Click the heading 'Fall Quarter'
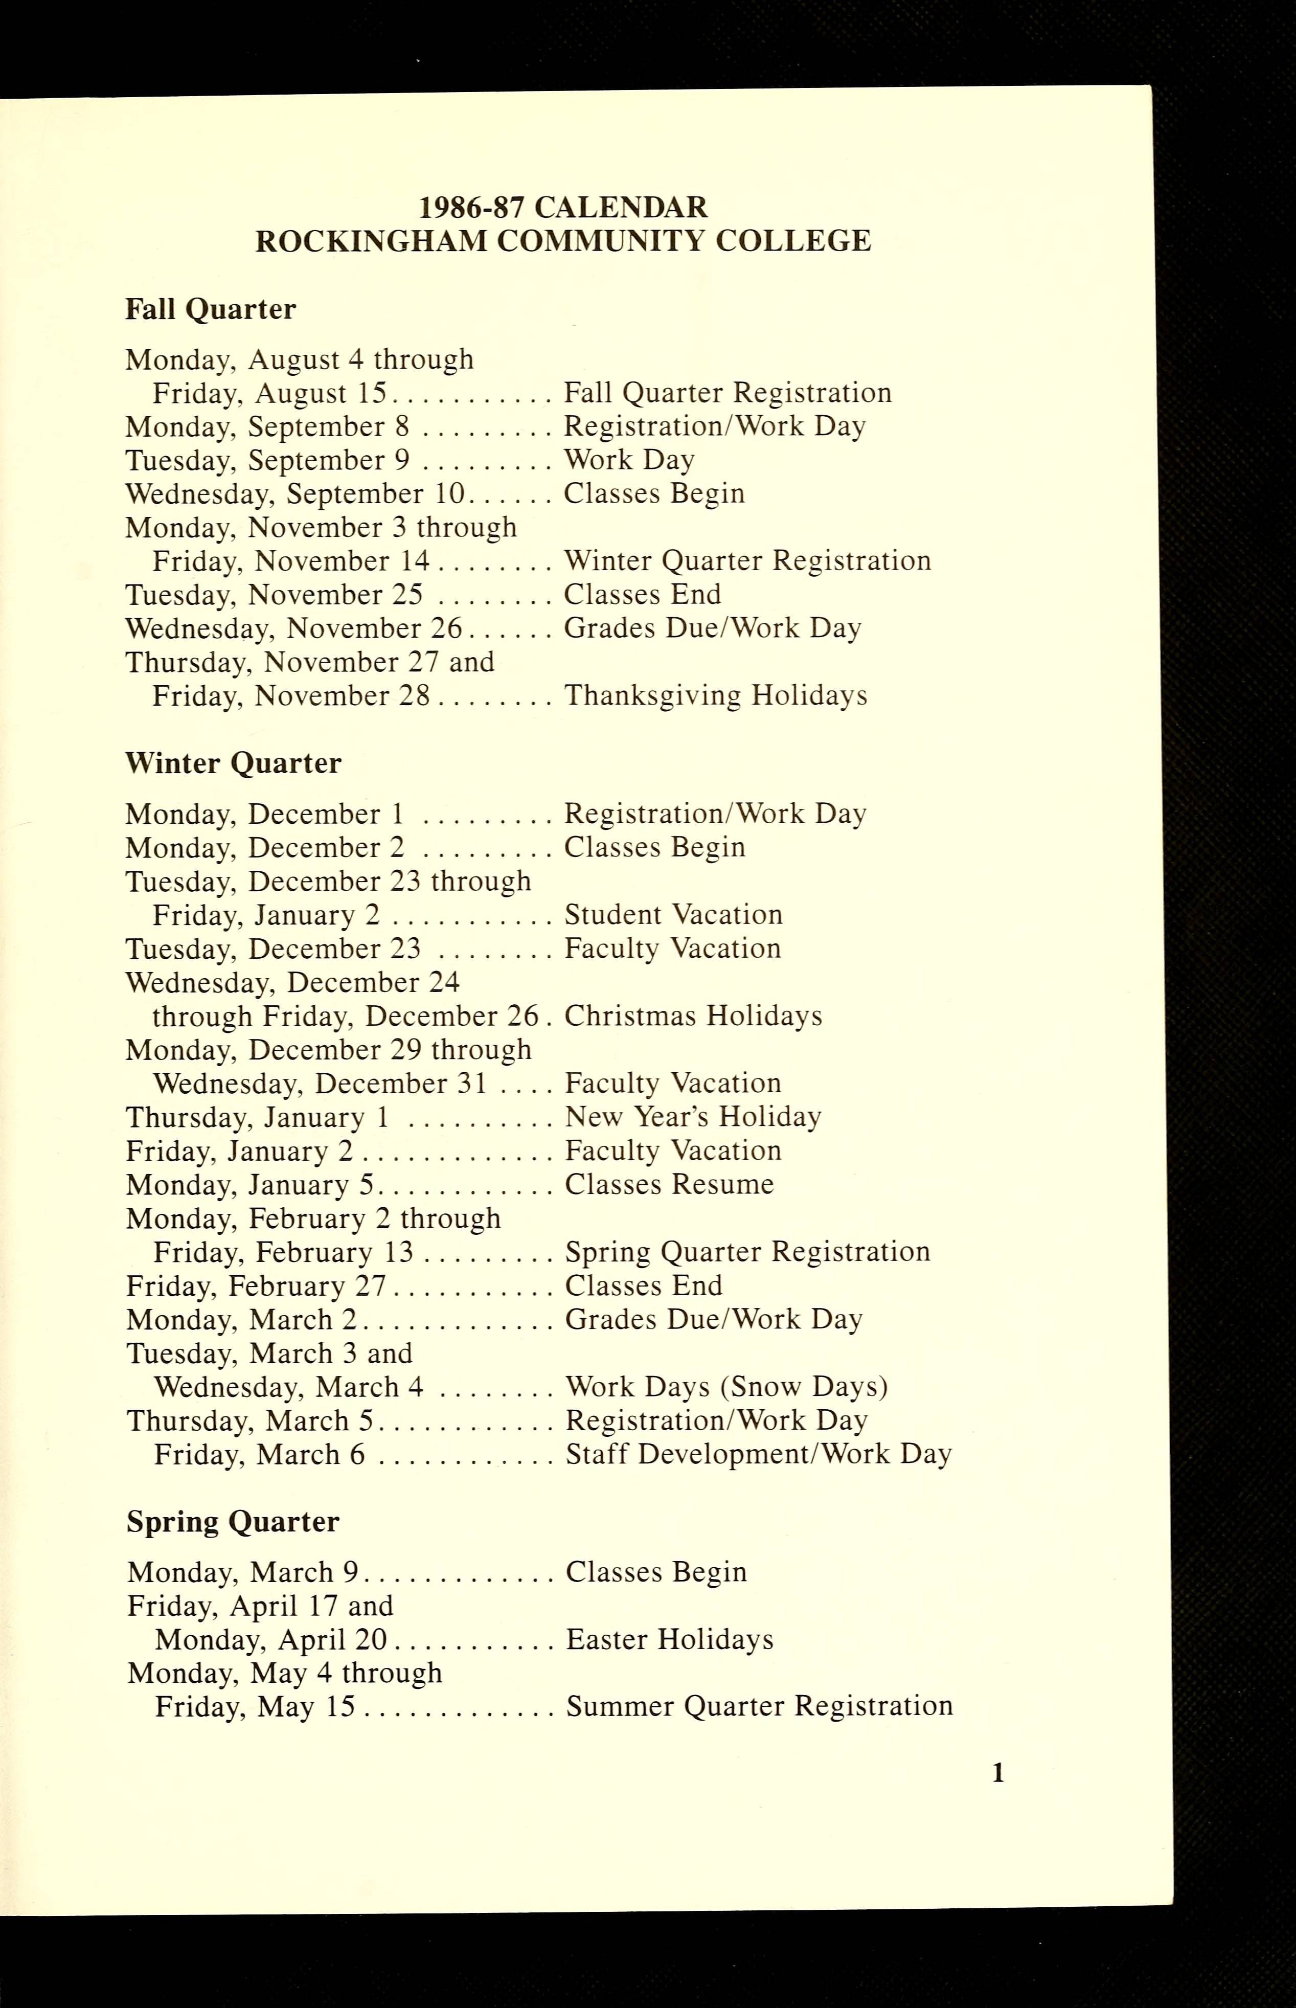(211, 310)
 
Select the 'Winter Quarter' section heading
(233, 763)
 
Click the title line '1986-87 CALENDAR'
(563, 207)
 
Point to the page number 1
(998, 1774)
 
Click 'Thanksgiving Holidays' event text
(715, 696)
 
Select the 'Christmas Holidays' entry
(693, 1016)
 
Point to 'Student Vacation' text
(673, 915)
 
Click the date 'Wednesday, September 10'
(291, 494)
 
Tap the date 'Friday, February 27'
(256, 1286)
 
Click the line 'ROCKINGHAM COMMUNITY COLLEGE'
(563, 241)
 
